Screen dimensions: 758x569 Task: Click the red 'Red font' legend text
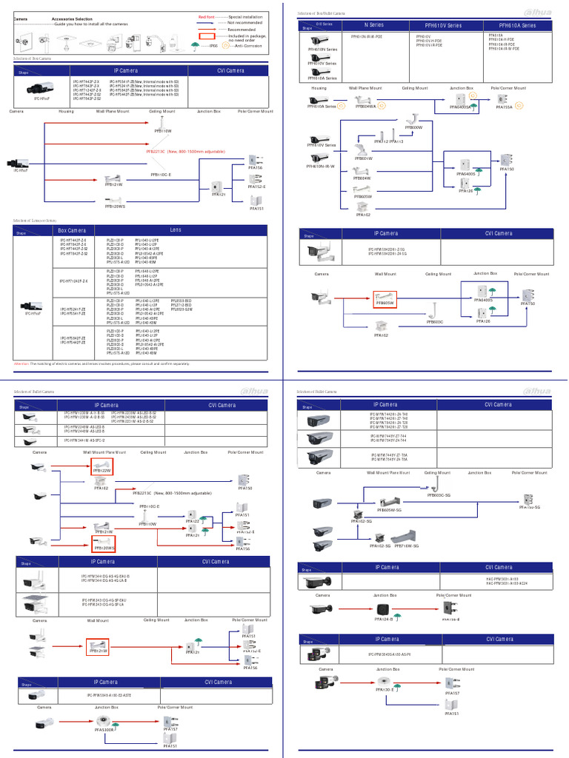click(x=207, y=16)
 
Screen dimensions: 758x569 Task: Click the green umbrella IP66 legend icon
click(x=195, y=44)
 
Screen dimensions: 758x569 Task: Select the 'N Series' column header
click(x=374, y=25)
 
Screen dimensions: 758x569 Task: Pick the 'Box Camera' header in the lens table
click(x=72, y=230)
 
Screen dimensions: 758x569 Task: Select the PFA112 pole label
click(x=381, y=141)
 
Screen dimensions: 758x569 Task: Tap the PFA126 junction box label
click(x=466, y=191)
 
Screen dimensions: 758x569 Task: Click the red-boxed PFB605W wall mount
click(x=386, y=300)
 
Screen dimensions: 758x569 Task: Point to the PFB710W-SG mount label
click(x=407, y=546)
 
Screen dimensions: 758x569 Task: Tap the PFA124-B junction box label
click(x=383, y=619)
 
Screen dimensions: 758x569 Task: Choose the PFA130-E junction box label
click(x=385, y=689)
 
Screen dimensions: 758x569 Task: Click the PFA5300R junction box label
click(x=104, y=729)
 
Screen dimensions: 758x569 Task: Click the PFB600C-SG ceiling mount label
click(x=439, y=494)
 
